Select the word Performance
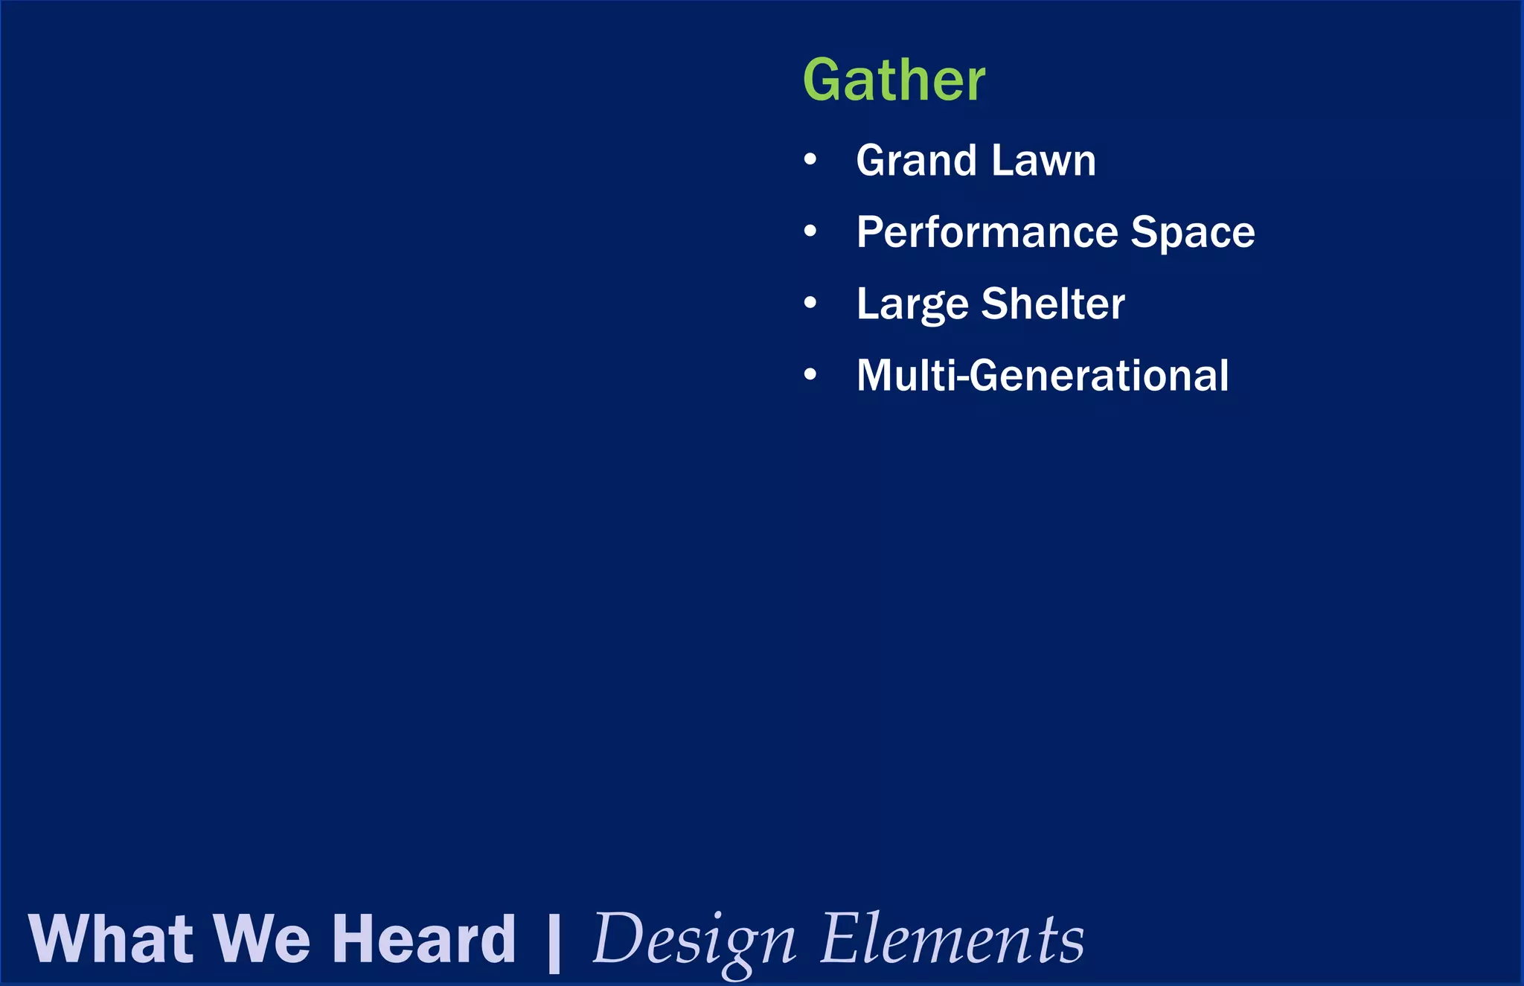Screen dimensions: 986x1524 [986, 232]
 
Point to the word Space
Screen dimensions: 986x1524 [1193, 232]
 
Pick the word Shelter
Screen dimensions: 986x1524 [1053, 304]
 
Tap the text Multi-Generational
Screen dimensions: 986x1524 [1042, 375]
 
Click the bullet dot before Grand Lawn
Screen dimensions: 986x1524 [810, 160]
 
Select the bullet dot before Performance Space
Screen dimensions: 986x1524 [810, 231]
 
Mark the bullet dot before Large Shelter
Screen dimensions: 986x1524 [810, 303]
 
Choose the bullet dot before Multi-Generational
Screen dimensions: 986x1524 [810, 374]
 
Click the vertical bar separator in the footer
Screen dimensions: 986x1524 [554, 941]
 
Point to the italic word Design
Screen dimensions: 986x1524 [694, 941]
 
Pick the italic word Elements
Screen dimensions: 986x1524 [952, 939]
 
